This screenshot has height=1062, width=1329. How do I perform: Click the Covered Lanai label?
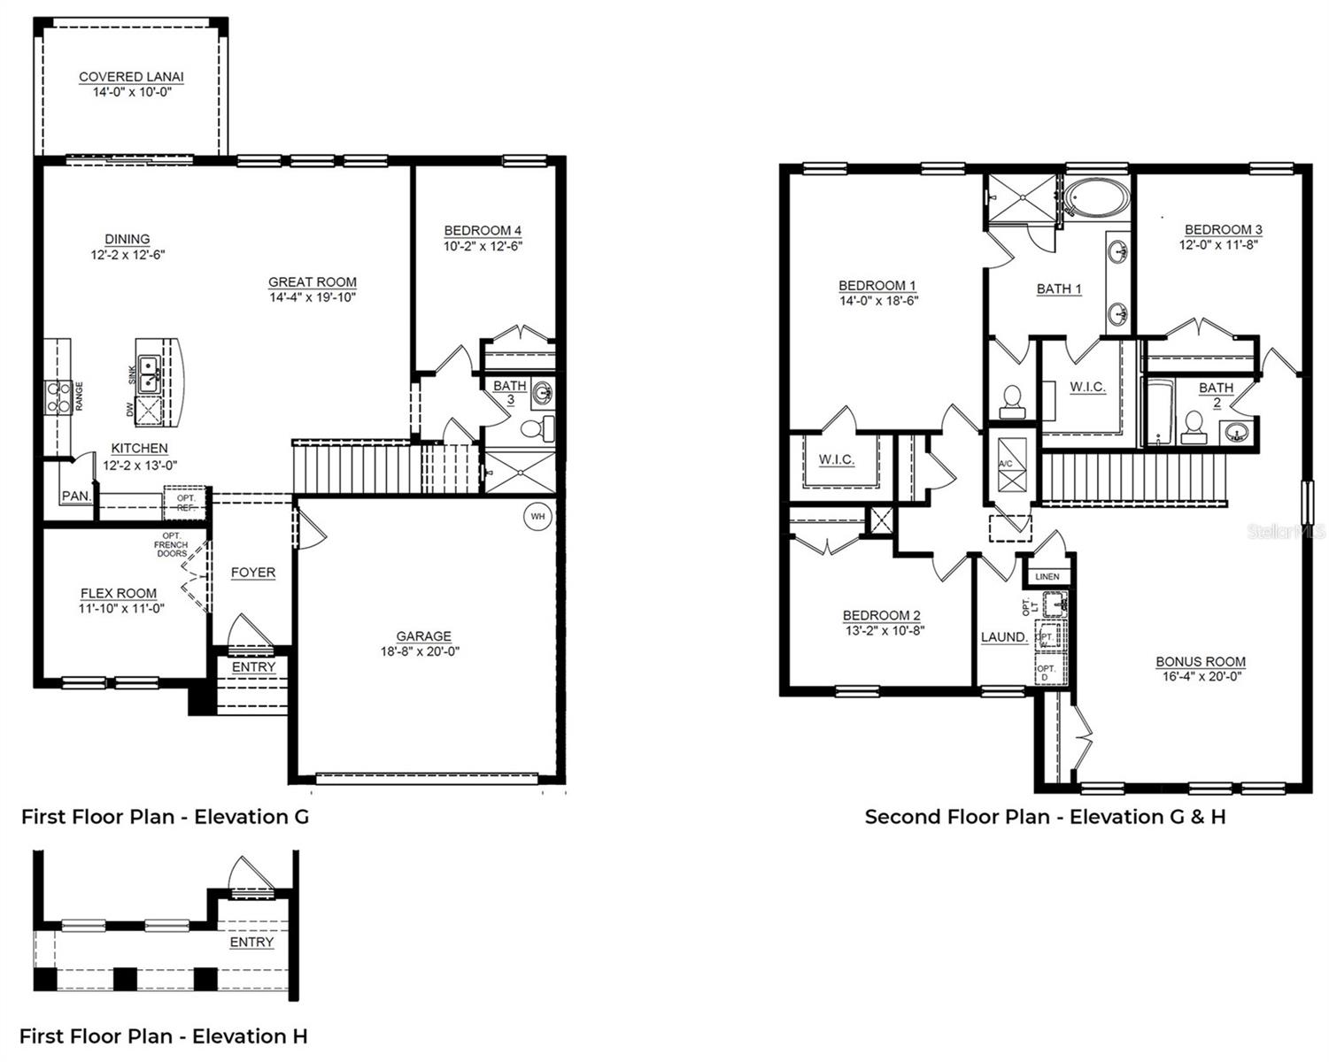131,77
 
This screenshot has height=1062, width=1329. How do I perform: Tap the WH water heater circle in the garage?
537,516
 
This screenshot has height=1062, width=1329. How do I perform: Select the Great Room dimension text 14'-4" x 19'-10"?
313,298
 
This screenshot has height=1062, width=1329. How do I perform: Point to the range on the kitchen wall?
59,397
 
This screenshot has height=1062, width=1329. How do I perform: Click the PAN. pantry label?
76,496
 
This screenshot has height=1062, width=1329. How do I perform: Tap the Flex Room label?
119,594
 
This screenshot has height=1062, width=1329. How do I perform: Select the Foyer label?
253,573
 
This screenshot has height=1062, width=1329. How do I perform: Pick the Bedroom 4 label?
483,231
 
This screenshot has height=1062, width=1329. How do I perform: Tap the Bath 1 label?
1059,289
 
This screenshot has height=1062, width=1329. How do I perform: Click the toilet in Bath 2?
1194,427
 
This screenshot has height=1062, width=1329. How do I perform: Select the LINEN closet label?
1047,577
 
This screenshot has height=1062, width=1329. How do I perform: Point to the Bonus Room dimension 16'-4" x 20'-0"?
1200,677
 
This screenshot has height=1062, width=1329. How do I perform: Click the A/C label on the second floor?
1006,464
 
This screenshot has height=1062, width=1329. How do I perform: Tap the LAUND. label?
1004,637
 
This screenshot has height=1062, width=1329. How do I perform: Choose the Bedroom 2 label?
881,615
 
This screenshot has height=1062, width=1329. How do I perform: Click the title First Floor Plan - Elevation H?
164,1035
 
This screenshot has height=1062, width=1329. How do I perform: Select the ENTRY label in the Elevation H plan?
251,943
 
